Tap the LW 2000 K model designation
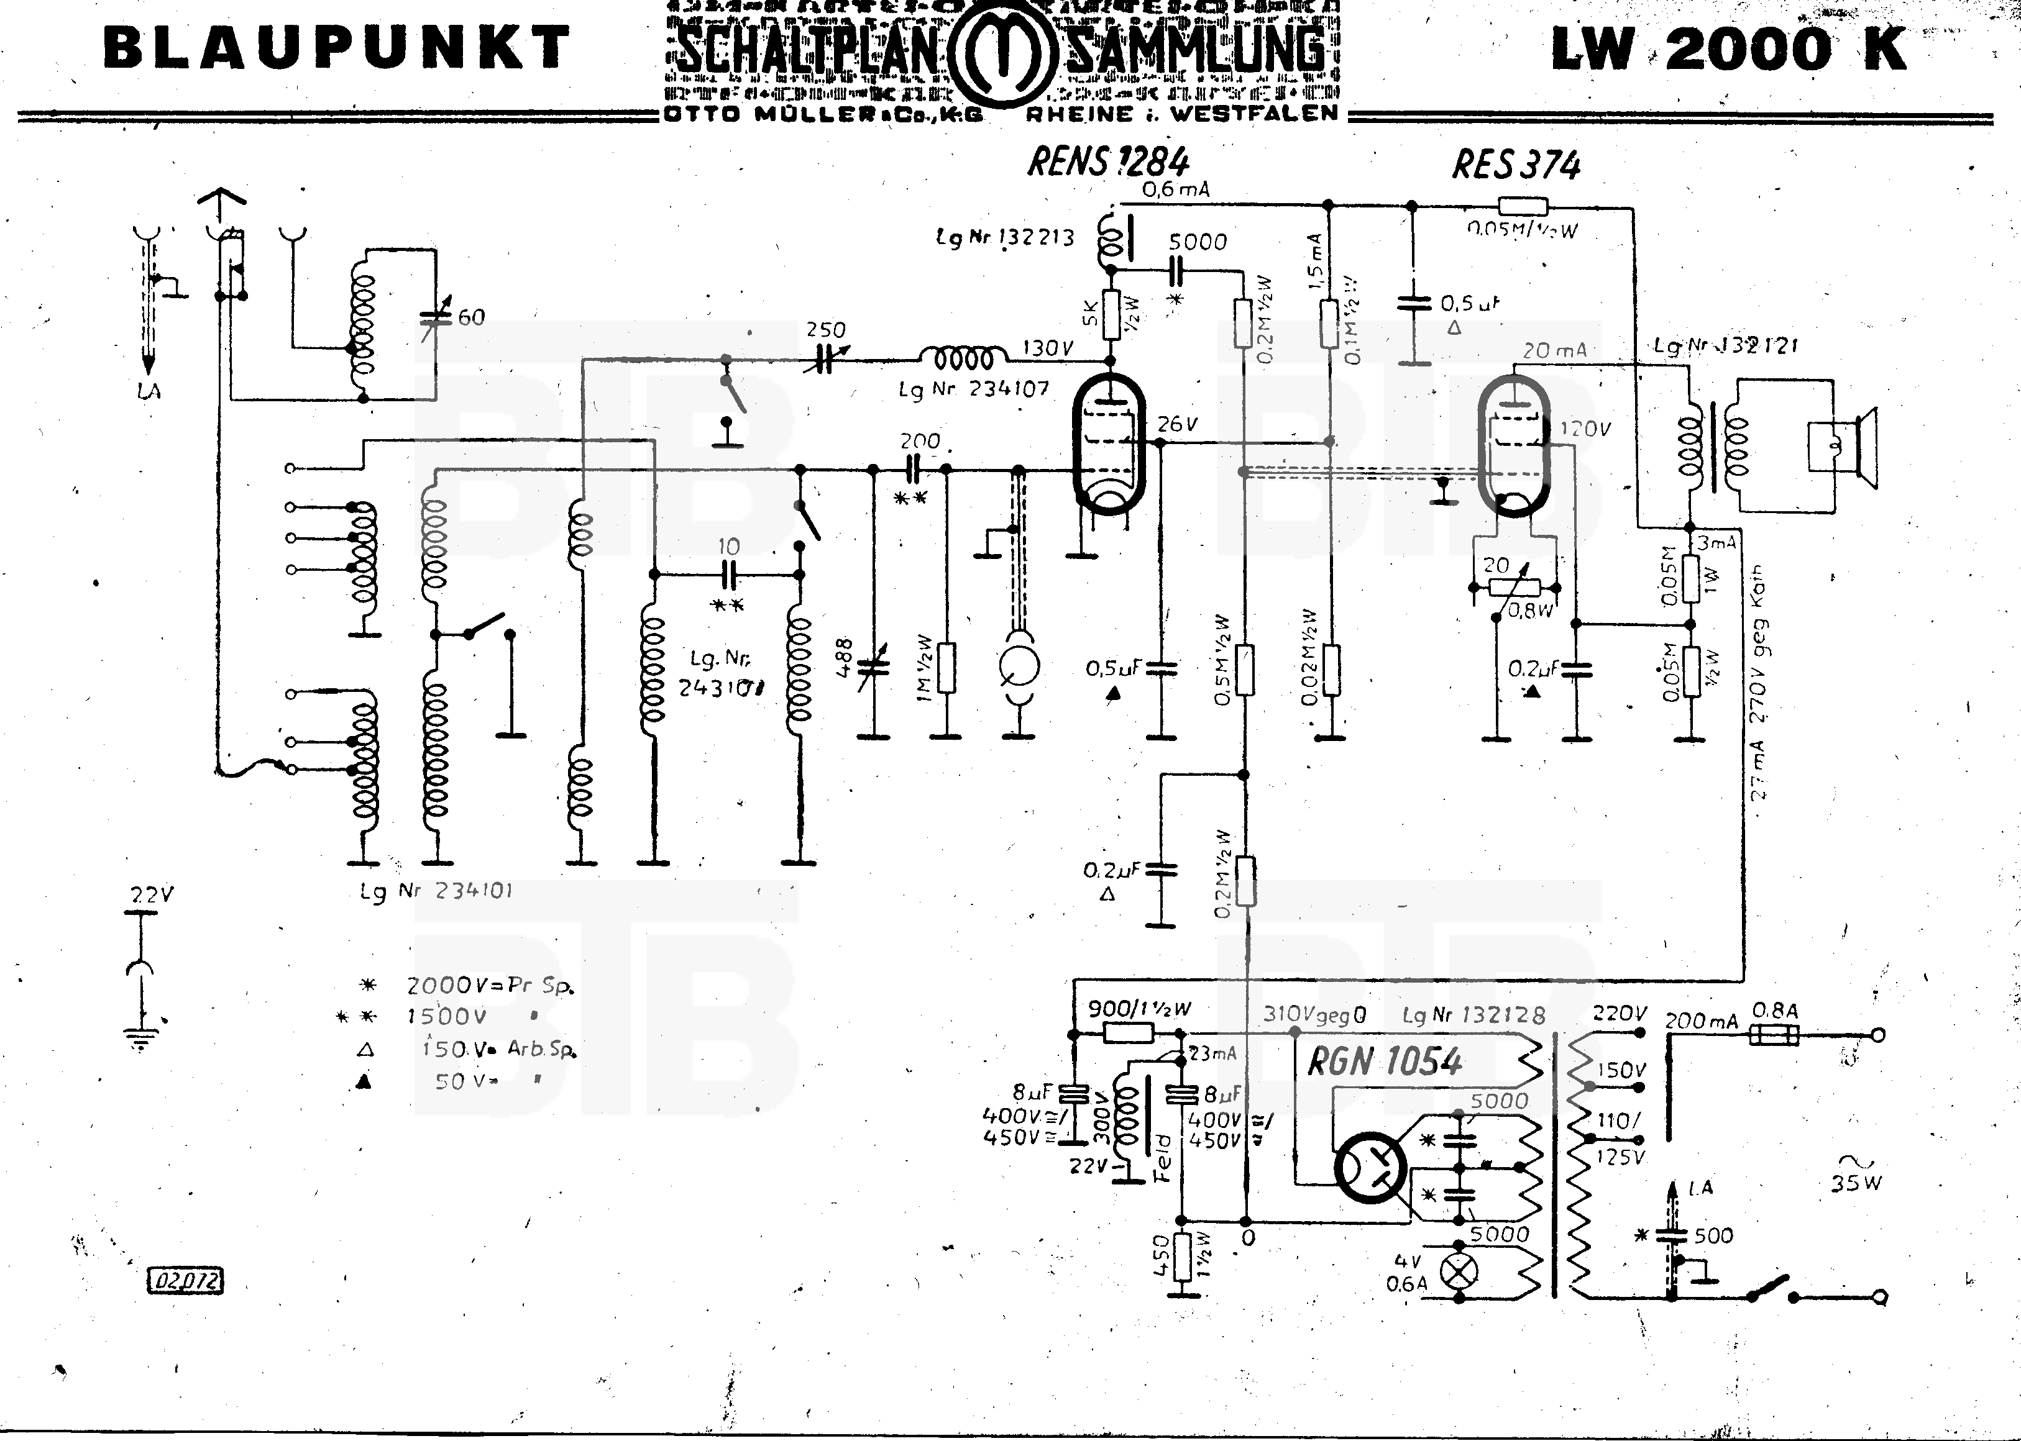[x=1729, y=49]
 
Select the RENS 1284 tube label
[x=1107, y=162]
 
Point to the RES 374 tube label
[x=1516, y=165]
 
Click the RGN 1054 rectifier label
[x=1385, y=1062]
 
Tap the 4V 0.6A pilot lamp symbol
[x=1459, y=1271]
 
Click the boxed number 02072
[x=185, y=1280]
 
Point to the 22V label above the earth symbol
[x=152, y=895]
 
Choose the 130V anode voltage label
[x=1048, y=348]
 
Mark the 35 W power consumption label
[x=1855, y=1183]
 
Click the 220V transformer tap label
[x=1620, y=1013]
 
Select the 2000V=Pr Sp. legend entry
[x=489, y=986]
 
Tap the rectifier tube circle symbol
[x=1370, y=1166]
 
